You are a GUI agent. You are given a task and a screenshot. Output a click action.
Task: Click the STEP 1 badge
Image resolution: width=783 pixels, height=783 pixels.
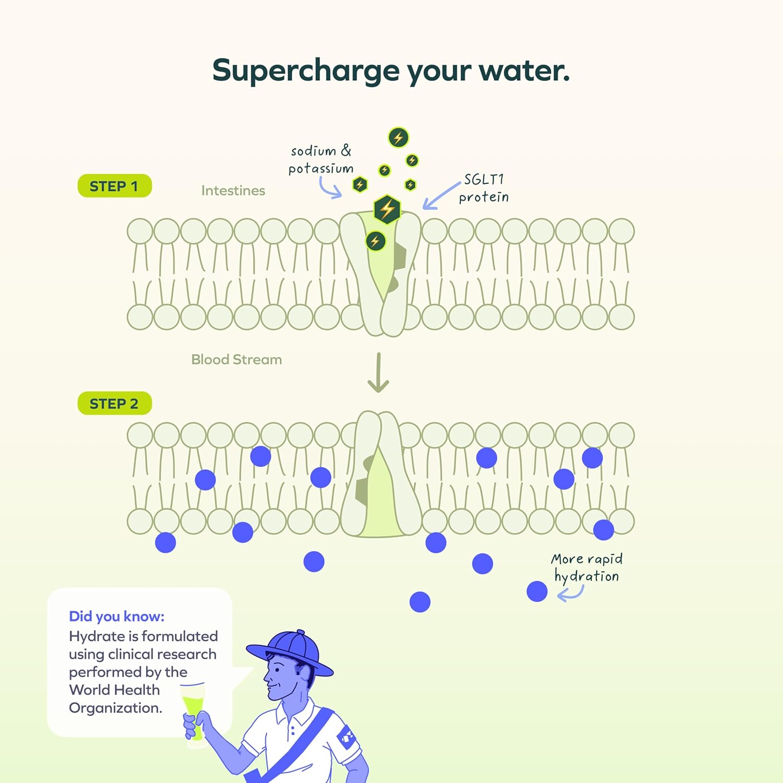[114, 186]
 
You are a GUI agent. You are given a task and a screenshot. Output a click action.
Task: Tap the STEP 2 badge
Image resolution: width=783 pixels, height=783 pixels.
[114, 404]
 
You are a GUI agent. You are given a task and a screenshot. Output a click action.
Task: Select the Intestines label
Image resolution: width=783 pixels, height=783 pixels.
[233, 191]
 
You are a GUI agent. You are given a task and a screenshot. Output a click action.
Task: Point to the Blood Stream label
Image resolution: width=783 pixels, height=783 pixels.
[236, 360]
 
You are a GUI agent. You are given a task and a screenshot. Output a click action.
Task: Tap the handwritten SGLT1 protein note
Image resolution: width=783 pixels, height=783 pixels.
[483, 188]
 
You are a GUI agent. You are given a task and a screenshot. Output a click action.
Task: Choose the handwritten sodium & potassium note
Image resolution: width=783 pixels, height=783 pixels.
[321, 160]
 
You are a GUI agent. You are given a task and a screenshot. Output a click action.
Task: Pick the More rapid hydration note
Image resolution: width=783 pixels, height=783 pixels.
[587, 567]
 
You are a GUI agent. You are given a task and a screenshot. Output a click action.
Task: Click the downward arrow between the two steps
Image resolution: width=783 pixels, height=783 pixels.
[378, 373]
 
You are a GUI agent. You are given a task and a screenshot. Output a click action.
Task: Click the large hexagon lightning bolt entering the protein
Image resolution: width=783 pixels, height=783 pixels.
[387, 209]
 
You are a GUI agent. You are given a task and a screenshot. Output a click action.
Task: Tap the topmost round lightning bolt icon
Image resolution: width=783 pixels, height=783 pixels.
[398, 138]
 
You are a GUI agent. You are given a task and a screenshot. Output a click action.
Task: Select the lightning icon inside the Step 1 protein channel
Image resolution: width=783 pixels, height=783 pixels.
[375, 241]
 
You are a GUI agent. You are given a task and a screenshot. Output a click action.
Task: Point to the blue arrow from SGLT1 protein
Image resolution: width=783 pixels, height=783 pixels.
[441, 196]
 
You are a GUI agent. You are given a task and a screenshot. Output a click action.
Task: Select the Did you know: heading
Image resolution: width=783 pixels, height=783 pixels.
[116, 616]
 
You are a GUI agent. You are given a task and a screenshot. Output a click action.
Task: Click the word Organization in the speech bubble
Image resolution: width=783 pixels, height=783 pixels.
[115, 708]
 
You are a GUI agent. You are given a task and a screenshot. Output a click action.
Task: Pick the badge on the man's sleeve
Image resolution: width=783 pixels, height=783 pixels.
[347, 738]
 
